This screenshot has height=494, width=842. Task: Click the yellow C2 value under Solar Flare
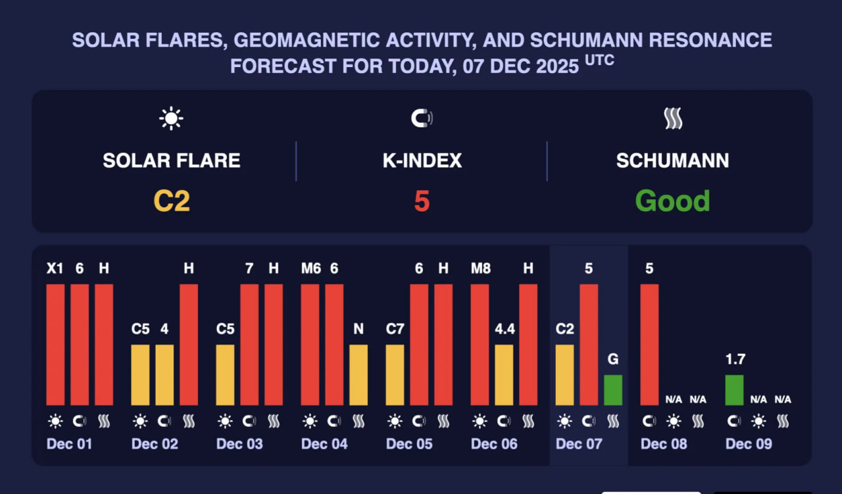pyautogui.click(x=172, y=201)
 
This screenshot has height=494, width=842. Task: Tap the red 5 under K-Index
pyautogui.click(x=422, y=201)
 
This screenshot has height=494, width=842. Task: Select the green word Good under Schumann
pyautogui.click(x=672, y=201)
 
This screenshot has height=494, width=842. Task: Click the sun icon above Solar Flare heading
pyautogui.click(x=171, y=119)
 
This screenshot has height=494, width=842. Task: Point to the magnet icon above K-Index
pyautogui.click(x=422, y=119)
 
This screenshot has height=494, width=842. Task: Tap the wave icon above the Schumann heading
pyautogui.click(x=672, y=119)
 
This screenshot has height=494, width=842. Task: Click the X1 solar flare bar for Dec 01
pyautogui.click(x=55, y=344)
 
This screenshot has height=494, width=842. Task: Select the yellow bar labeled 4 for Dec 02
pyautogui.click(x=164, y=374)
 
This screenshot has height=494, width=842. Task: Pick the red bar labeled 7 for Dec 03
pyautogui.click(x=249, y=344)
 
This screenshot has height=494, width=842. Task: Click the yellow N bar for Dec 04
pyautogui.click(x=359, y=374)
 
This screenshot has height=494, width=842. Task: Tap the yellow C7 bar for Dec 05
pyautogui.click(x=395, y=374)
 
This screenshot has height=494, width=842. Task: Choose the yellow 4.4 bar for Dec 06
pyautogui.click(x=504, y=374)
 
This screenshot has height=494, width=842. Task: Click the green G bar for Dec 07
pyautogui.click(x=613, y=389)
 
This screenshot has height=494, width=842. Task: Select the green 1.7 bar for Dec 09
pyautogui.click(x=734, y=389)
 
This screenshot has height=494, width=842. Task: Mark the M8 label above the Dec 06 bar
pyautogui.click(x=480, y=268)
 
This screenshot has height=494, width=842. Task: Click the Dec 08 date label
pyautogui.click(x=664, y=444)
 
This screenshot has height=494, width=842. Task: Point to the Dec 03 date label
pyautogui.click(x=239, y=444)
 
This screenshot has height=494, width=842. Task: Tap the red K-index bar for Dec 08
pyautogui.click(x=649, y=344)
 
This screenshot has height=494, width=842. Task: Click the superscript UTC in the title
pyautogui.click(x=599, y=61)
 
